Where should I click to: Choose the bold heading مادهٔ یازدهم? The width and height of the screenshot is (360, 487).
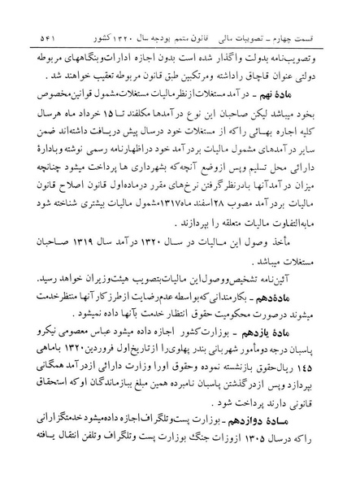(x=306, y=334)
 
